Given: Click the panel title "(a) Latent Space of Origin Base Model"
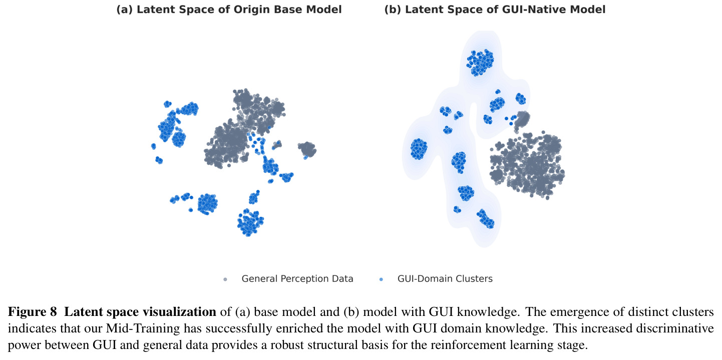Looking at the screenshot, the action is (x=229, y=10).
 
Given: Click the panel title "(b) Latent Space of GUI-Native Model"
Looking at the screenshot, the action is (x=495, y=10).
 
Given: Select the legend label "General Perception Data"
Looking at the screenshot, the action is (x=297, y=279).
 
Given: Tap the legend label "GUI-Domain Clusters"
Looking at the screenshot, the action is (x=445, y=279).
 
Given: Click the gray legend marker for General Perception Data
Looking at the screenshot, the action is (x=225, y=279).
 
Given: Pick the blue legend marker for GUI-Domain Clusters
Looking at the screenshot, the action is (x=382, y=279).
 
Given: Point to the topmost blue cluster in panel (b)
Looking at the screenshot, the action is (x=480, y=63).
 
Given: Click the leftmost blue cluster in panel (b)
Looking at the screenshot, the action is (x=419, y=149).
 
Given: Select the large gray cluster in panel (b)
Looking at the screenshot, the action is (x=527, y=165).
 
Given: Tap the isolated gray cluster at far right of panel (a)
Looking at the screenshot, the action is (x=307, y=150).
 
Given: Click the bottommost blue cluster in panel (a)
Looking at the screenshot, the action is (x=250, y=222).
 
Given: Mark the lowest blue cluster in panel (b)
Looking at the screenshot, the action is (x=485, y=219).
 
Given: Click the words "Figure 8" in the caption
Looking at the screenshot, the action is (x=32, y=311).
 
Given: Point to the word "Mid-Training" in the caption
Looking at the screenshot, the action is (x=143, y=328).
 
